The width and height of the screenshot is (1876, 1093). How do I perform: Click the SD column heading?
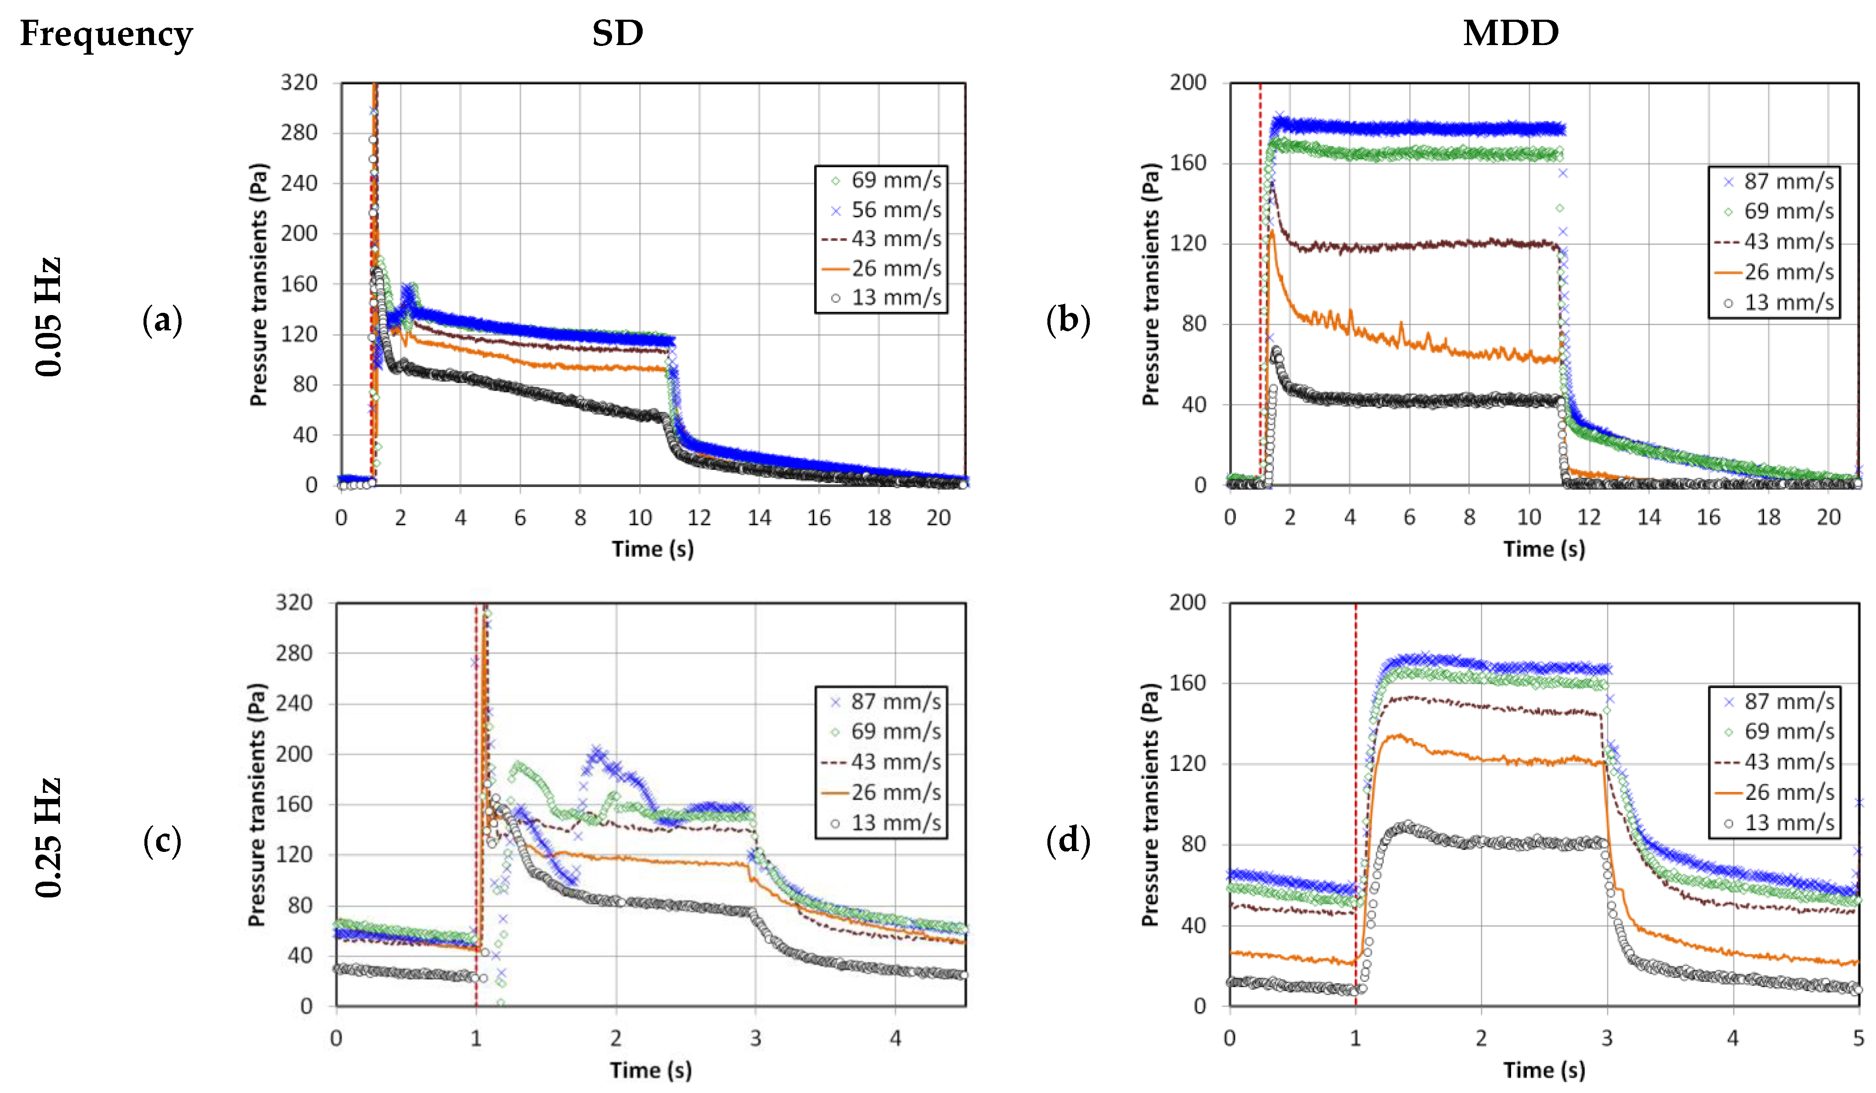click(x=617, y=34)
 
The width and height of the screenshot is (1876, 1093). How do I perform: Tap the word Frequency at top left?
click(x=106, y=34)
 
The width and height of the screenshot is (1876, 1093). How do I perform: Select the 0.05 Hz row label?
click(x=49, y=316)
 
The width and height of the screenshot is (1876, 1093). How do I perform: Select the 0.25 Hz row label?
click(x=49, y=837)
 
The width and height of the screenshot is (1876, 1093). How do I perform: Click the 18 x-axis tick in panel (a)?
click(x=878, y=518)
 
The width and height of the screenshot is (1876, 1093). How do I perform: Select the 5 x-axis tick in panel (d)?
click(x=1858, y=1038)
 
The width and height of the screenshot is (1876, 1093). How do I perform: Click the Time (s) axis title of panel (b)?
click(x=1544, y=550)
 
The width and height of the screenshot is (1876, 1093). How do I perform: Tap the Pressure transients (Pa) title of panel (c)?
click(x=257, y=805)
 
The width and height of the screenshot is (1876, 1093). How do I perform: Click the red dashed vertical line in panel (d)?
click(x=1356, y=745)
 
